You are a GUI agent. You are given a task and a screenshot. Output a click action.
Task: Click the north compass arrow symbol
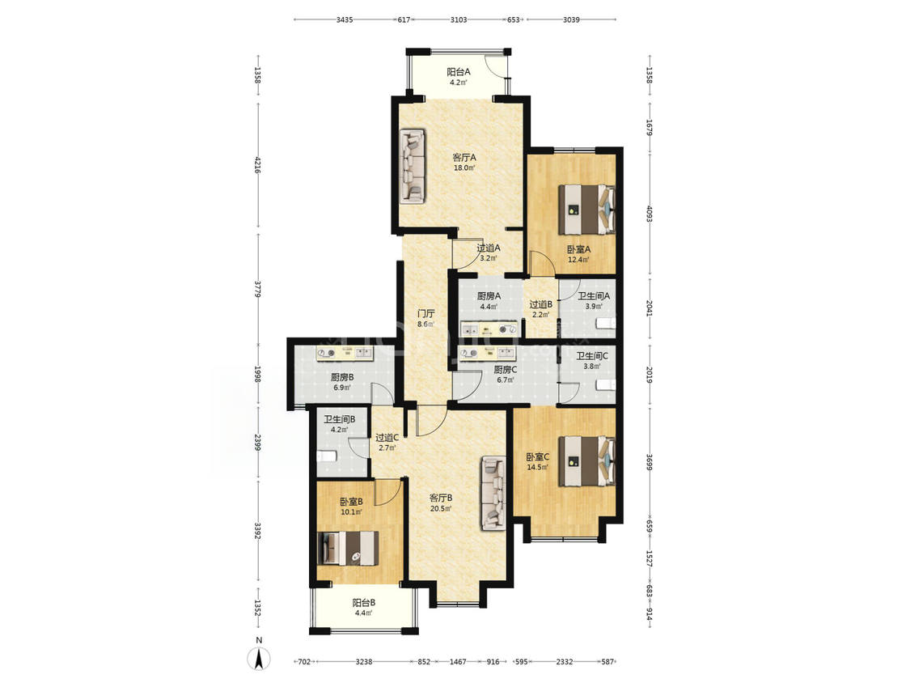click(260, 658)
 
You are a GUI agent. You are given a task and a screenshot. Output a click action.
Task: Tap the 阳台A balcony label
click(459, 72)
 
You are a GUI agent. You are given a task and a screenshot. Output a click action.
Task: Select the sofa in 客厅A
click(412, 166)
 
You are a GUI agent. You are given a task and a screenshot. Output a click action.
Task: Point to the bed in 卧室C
click(586, 461)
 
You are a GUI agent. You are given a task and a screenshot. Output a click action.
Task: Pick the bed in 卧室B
click(348, 548)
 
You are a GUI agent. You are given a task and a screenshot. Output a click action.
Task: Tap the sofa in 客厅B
click(493, 493)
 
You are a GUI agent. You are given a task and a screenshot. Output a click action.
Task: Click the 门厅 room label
click(426, 313)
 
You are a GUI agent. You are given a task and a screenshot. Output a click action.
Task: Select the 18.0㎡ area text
click(464, 168)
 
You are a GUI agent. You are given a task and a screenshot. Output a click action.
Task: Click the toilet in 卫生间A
click(607, 324)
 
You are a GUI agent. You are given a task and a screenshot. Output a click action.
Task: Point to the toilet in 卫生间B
click(326, 456)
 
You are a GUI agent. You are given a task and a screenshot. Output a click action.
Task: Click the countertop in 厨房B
click(344, 353)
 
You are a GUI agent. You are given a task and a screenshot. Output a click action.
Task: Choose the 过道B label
click(540, 303)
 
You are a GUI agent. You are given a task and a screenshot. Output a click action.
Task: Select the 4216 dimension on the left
click(258, 168)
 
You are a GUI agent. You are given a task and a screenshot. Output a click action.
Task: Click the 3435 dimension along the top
click(345, 19)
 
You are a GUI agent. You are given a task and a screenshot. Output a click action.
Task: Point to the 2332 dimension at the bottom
click(564, 661)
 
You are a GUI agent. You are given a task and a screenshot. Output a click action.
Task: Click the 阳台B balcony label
click(364, 603)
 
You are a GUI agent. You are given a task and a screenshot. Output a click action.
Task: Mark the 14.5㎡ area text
click(537, 468)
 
